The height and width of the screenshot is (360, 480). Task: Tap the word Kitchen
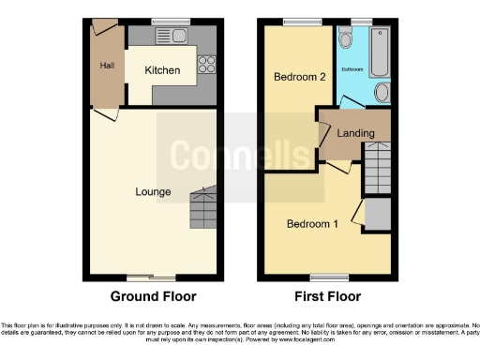coord(161,70)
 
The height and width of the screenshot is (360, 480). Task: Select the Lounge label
coord(152,192)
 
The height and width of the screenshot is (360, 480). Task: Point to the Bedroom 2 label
coord(299,77)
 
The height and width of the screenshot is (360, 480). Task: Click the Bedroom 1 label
coord(312,224)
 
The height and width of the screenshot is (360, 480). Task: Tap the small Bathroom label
coord(352,69)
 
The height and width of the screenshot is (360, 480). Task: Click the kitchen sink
coord(172,37)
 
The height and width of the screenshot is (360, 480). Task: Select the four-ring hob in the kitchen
coord(207,66)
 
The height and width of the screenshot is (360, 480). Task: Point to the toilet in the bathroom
coord(345,38)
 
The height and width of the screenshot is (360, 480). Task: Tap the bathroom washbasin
coord(382,92)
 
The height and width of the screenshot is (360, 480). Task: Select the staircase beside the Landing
coord(376,168)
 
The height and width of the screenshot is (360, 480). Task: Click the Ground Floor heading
coord(154,296)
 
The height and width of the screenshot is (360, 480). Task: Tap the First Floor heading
coord(327,296)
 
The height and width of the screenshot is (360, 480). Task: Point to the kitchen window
coord(172,22)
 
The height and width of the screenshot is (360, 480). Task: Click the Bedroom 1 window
coord(326,277)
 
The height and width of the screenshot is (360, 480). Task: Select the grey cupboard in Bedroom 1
coord(377,214)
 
